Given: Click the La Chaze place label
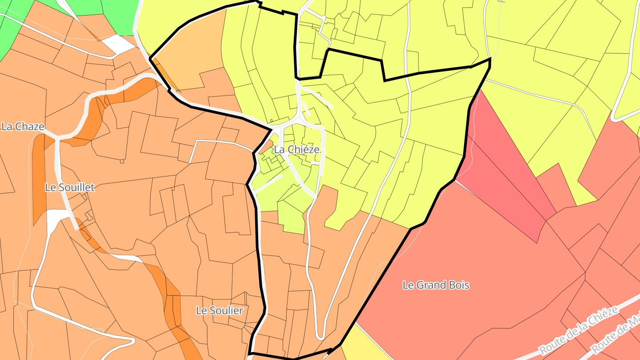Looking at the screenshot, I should [x=23, y=127].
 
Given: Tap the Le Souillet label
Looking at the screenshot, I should [x=70, y=188].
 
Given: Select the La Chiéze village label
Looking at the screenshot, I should [x=296, y=150].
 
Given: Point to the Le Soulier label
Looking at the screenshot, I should [x=220, y=311].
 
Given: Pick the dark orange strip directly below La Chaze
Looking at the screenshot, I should [x=39, y=178].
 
